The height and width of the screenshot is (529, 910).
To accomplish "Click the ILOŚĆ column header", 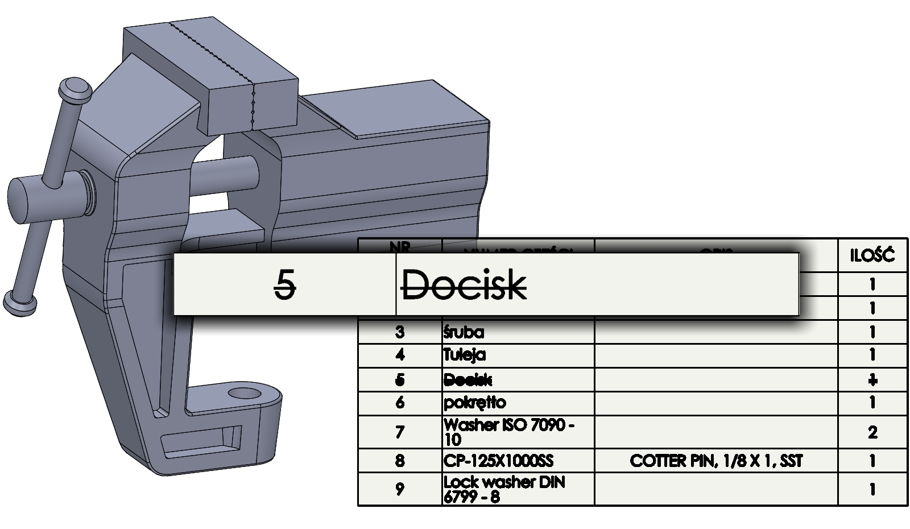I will tap(872, 255).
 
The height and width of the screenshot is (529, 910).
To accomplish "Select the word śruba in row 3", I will tap(464, 332).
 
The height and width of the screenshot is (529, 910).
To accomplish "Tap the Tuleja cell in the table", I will tap(465, 355).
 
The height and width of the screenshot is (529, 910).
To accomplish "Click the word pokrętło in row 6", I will tap(474, 403).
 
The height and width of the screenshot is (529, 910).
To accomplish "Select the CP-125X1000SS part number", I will tap(498, 460).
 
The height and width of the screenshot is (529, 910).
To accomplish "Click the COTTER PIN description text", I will tap(715, 460).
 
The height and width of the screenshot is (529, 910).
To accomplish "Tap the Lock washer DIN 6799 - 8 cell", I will tap(504, 489).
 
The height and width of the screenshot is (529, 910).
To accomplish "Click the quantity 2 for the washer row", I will tap(872, 432).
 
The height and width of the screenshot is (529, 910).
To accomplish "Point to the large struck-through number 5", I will tap(285, 284).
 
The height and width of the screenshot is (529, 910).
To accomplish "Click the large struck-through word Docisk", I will tap(464, 284).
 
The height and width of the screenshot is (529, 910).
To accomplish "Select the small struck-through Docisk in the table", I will tap(468, 379).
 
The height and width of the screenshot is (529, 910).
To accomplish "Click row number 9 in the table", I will tap(400, 489).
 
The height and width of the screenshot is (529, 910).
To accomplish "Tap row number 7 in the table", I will tap(400, 432).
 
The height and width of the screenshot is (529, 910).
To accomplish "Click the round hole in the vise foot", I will tap(245, 394).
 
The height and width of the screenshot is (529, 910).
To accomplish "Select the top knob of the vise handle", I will tap(75, 89).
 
